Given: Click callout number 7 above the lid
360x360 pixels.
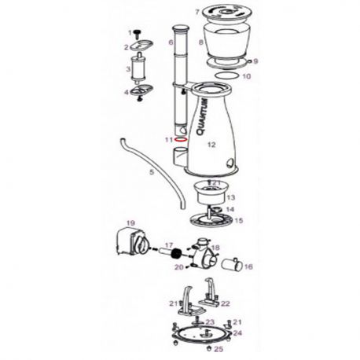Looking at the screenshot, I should point(196,12).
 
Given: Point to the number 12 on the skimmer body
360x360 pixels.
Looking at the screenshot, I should point(210,145).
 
